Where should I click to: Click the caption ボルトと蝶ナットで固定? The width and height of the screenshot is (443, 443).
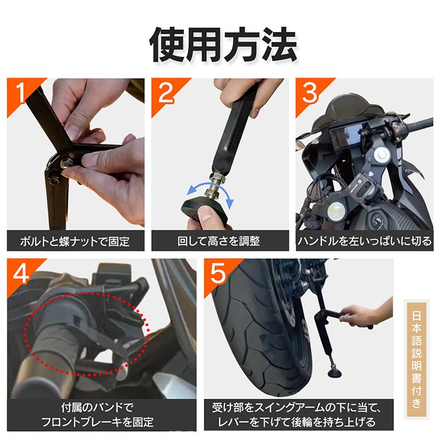pos(75,241)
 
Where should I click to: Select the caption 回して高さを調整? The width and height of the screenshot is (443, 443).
pos(219,241)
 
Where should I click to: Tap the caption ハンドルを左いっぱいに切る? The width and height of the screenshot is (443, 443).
pos(364,241)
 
